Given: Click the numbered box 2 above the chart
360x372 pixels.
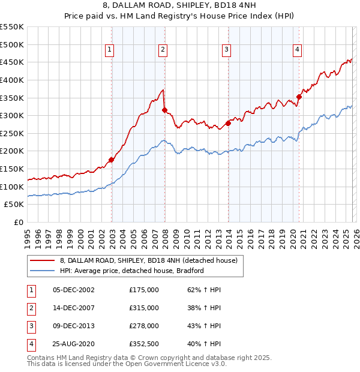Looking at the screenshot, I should pos(163,50).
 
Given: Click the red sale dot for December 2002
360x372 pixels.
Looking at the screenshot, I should pos(112,160).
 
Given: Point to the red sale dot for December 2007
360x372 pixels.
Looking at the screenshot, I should pos(164,110).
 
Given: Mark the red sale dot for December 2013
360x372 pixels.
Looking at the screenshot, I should pos(228,124).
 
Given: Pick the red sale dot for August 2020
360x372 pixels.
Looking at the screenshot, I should pos(299,97).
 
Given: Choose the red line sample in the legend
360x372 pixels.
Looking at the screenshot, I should pos(43,260).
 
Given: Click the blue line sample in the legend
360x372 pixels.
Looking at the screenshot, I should pos(43,271).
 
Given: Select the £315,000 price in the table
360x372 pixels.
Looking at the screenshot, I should pos(143,308).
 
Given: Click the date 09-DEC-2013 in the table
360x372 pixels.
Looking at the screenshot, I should pos(74,326).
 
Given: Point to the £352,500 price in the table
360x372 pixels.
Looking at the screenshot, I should pos(143,344).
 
